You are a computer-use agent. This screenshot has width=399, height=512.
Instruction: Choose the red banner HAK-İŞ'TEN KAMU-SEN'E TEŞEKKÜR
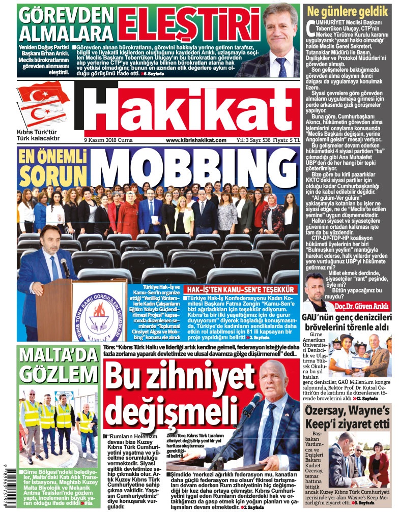(x=241, y=288)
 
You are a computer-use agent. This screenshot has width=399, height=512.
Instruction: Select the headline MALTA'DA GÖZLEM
(x=50, y=365)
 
